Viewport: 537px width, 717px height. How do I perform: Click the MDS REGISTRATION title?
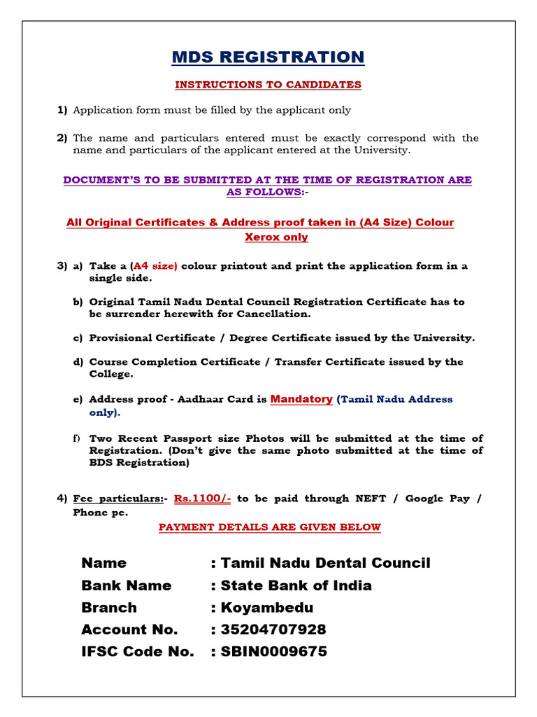click(268, 57)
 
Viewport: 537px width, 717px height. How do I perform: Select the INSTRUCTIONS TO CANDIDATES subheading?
click(268, 85)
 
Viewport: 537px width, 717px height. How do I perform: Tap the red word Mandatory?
click(301, 399)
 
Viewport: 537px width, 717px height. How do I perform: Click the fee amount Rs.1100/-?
click(202, 499)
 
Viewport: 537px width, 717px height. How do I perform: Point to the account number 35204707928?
click(273, 629)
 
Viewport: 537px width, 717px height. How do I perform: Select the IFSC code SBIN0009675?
click(273, 652)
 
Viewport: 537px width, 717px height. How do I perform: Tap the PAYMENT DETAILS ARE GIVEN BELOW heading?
click(269, 527)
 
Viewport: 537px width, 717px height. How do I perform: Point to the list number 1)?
click(62, 110)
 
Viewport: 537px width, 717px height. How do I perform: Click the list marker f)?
click(77, 438)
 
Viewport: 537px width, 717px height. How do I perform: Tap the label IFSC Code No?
click(137, 652)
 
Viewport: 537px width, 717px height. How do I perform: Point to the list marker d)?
click(77, 362)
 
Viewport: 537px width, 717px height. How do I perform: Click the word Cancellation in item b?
click(273, 314)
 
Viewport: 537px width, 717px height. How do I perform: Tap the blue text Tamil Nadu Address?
click(396, 399)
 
